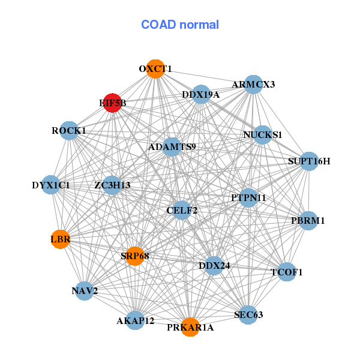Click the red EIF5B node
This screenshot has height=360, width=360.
pos(112,103)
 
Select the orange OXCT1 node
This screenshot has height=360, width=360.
pos(155,68)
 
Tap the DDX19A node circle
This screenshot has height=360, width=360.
pos(201,94)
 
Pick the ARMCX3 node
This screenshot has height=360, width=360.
pos(253,85)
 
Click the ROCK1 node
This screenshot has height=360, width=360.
pos(69,131)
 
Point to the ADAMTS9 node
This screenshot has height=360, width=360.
pos(172,147)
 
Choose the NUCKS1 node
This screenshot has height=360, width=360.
pos(262,135)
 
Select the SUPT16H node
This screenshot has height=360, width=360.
pos(309,161)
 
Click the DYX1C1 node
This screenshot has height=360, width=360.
pos(51,185)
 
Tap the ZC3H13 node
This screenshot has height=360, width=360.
pos(112,185)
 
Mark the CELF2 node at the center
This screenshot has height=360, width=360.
pos(182,210)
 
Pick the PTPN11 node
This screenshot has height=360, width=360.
pos(248,197)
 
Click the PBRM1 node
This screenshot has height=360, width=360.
pos(308,221)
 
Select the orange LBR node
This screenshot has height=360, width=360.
pos(61,239)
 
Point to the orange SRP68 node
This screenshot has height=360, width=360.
pos(134,256)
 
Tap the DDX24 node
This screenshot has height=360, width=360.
pos(214,265)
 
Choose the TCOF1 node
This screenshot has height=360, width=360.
pos(287,272)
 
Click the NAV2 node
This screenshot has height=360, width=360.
pos(85,290)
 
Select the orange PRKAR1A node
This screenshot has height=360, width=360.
pos(190,327)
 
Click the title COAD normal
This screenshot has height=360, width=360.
pos(180,25)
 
